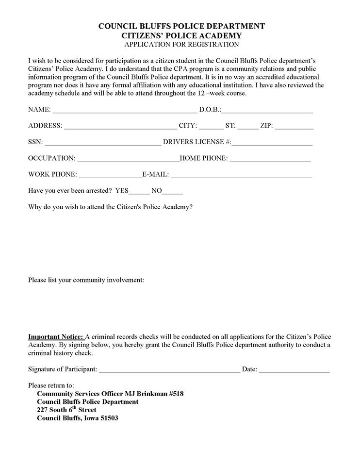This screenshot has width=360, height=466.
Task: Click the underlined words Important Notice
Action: click(x=56, y=336)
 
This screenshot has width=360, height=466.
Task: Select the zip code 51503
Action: click(x=108, y=418)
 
